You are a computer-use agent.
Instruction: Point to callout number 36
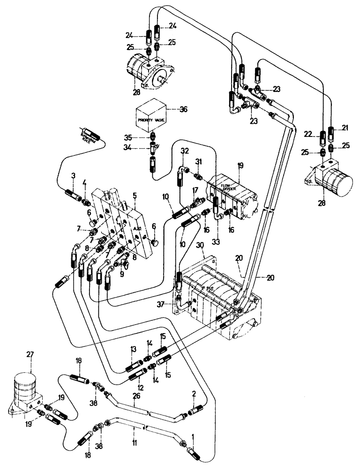(182, 110)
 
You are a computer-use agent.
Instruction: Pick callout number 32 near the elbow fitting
(184, 151)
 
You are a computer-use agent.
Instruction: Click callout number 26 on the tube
(136, 397)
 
